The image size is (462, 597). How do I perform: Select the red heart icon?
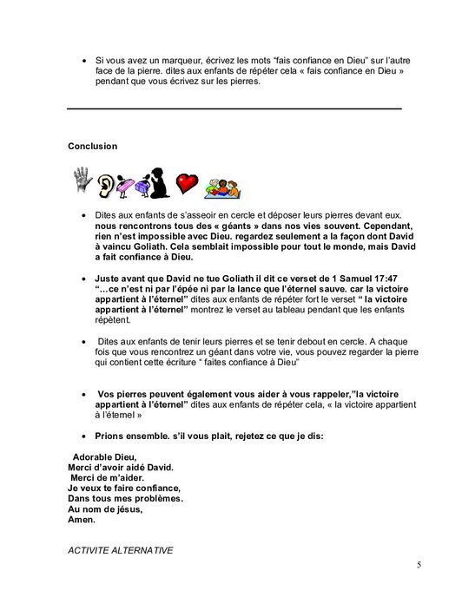click(187, 183)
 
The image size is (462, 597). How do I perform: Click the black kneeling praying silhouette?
click(159, 180)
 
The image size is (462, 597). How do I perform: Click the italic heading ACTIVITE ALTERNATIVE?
click(119, 549)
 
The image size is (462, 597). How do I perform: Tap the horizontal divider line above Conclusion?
click(234, 108)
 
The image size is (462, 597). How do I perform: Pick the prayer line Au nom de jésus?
click(104, 510)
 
